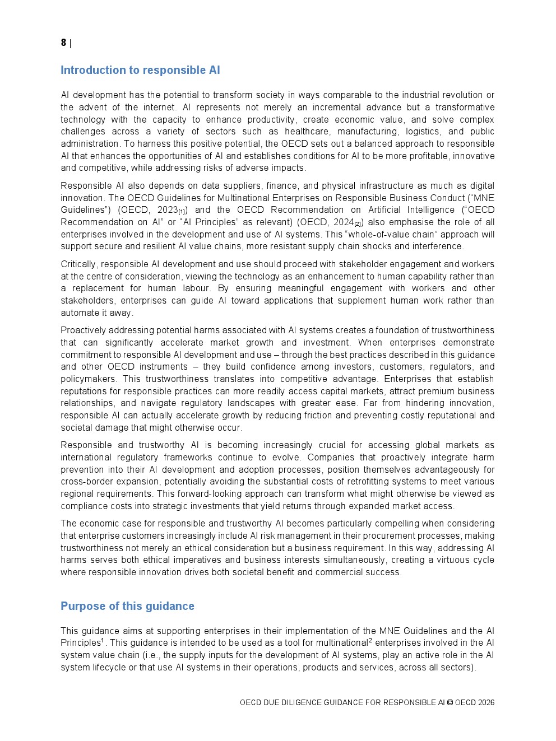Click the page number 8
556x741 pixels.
coord(63,43)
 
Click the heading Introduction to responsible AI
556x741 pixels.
coord(140,70)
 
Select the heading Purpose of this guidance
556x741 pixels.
coord(127,606)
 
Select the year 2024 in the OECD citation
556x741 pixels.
coord(343,222)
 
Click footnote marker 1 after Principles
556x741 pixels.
coord(103,640)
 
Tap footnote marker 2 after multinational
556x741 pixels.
coord(370,640)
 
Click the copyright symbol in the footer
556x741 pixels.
coord(450,703)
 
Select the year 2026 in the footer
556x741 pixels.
coord(486,703)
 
